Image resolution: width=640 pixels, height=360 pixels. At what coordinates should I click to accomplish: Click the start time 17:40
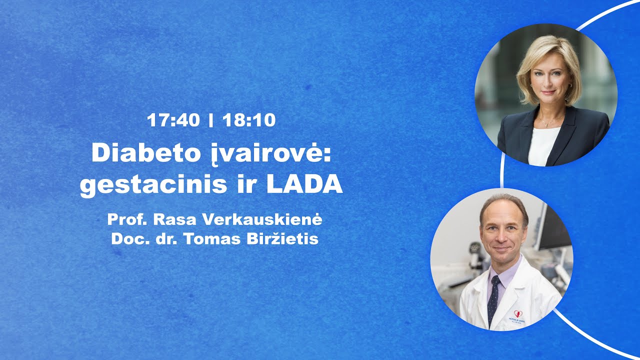tap(173, 120)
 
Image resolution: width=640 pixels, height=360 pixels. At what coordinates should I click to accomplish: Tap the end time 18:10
tap(249, 120)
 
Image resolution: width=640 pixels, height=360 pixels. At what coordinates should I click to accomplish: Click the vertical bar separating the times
tap(211, 120)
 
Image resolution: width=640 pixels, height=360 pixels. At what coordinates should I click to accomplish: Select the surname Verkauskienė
tap(270, 219)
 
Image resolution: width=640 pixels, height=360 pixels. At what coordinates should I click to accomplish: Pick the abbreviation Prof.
tap(127, 219)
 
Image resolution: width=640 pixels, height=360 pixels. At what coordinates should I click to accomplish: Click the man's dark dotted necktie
tap(494, 297)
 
